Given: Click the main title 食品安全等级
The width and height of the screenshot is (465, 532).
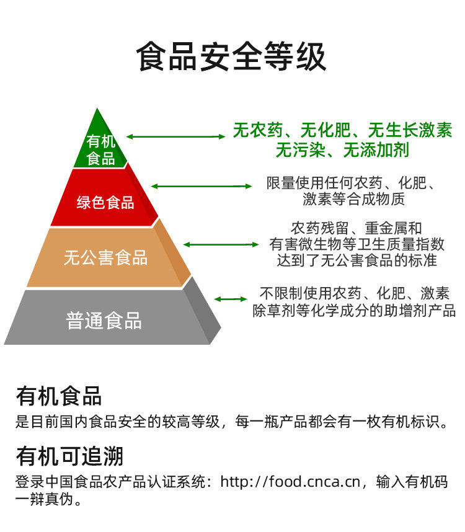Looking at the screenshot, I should point(231,58).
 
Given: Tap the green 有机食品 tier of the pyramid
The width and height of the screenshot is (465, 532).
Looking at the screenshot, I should point(100,149).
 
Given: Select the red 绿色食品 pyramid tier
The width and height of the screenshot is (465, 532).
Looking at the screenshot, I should point(105,202).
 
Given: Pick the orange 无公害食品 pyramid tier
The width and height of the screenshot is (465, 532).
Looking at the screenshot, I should point(105,258).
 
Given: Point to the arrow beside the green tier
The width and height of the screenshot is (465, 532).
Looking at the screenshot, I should point(176,136).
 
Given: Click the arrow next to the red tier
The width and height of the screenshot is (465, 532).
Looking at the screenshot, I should point(201,186).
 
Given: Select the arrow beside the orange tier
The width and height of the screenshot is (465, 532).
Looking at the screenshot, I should point(221,244).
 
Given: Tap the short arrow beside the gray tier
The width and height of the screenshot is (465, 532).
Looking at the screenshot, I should point(231,299).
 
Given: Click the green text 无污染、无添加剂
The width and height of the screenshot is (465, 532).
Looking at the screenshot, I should point(342,150).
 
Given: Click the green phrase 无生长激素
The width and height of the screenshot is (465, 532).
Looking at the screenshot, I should point(410,131).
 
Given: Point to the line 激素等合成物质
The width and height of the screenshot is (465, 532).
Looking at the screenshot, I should point(353,200).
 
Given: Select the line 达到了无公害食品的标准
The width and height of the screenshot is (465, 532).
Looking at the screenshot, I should point(356,260).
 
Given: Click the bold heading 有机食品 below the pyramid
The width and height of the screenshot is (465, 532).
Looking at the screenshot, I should point(59,395).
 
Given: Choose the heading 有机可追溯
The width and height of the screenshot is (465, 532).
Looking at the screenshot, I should point(69,456).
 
